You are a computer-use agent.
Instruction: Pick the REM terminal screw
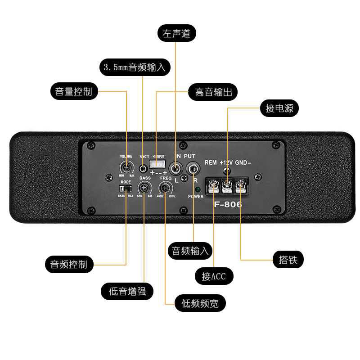point(213,184)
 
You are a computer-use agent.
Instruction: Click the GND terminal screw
point(242,184)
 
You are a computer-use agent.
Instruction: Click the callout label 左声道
point(176,34)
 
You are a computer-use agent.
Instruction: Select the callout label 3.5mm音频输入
point(135,67)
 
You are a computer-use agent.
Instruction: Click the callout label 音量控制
point(73,91)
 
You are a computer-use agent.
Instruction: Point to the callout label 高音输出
point(213,92)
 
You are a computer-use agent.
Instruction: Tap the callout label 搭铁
point(288,260)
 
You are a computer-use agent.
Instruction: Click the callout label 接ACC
point(214,276)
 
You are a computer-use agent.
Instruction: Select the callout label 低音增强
point(127,291)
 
